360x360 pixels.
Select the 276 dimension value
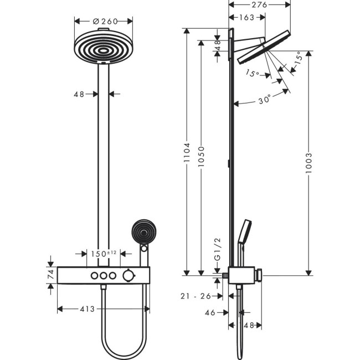259,5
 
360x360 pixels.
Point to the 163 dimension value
247,18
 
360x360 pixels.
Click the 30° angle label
265,100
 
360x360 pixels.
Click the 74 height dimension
50,274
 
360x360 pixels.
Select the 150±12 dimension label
104,253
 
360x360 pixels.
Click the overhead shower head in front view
103,49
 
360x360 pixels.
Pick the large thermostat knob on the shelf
128,275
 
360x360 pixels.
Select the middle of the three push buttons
103,275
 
